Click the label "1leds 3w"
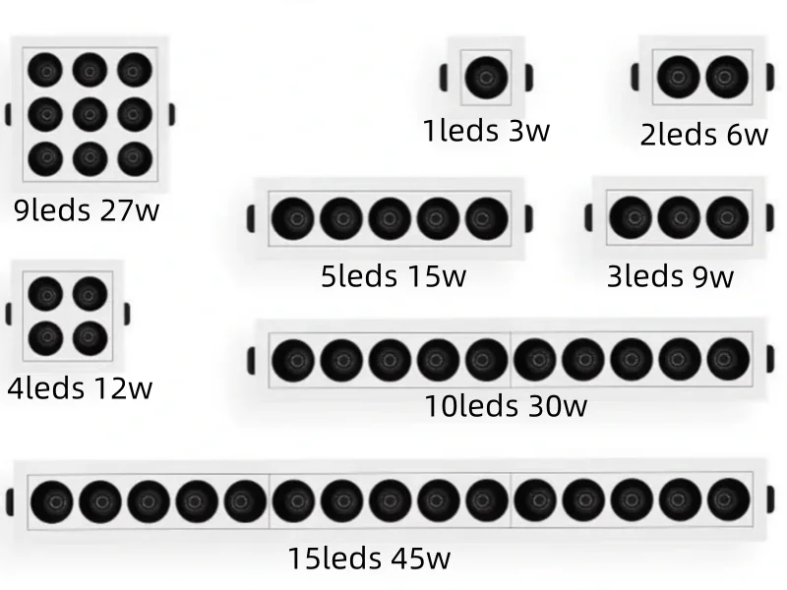(x=486, y=130)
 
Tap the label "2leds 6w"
(x=703, y=134)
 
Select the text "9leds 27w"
(x=87, y=209)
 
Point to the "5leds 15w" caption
(x=393, y=276)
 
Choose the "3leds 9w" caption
(x=670, y=276)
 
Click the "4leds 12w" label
(x=80, y=387)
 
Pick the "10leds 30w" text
(x=506, y=404)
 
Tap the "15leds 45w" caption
(x=369, y=559)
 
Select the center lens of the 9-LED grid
(x=90, y=113)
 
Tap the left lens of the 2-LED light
(x=677, y=78)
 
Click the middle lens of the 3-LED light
(x=678, y=218)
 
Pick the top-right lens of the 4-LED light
(x=90, y=293)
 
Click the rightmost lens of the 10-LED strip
(x=728, y=359)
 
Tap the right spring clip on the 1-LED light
(x=529, y=77)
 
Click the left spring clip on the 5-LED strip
(x=251, y=218)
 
